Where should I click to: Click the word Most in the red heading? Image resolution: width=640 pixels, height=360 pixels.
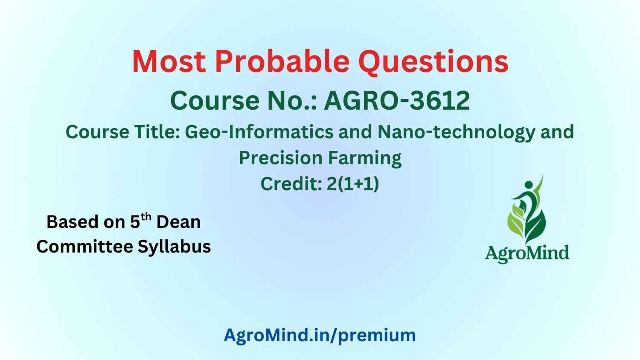point(169,62)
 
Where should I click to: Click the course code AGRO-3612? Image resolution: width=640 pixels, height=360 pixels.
point(397,101)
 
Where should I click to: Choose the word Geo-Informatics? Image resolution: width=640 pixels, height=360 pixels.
point(259,132)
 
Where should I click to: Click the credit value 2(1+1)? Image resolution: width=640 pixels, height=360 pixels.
point(353,184)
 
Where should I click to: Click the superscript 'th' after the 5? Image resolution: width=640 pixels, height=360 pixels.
point(146,217)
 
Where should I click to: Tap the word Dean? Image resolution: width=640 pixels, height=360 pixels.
point(179,222)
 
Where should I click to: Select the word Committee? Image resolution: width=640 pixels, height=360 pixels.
point(85,246)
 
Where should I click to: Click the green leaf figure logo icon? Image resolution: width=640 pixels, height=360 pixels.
point(527,210)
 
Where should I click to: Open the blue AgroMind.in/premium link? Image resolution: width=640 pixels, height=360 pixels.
point(320,336)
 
